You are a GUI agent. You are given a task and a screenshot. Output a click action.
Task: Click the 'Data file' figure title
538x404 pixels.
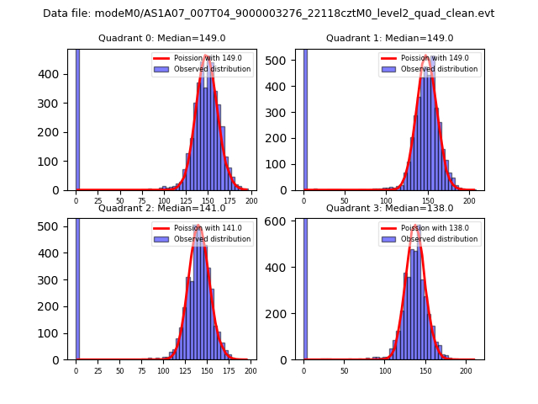tap(268, 13)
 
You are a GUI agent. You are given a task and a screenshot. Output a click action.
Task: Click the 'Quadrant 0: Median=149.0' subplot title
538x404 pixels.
tap(161, 38)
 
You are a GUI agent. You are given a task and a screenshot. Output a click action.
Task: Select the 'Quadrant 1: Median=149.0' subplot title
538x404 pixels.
tap(389, 38)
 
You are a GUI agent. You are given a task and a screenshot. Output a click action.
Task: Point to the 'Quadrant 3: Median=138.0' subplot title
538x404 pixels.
tap(389, 208)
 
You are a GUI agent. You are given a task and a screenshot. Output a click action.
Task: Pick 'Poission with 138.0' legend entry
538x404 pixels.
tap(431, 228)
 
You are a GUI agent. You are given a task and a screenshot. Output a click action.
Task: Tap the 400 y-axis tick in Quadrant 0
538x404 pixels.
tap(56, 74)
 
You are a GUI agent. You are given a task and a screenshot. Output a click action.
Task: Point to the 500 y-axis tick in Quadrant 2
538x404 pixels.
tap(56, 226)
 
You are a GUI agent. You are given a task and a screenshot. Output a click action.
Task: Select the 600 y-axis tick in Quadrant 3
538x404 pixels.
tap(284, 221)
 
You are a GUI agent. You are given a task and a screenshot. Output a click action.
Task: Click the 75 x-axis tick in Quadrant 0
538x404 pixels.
tap(141, 201)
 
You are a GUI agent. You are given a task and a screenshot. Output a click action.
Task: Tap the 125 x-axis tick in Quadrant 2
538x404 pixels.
tap(185, 370)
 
